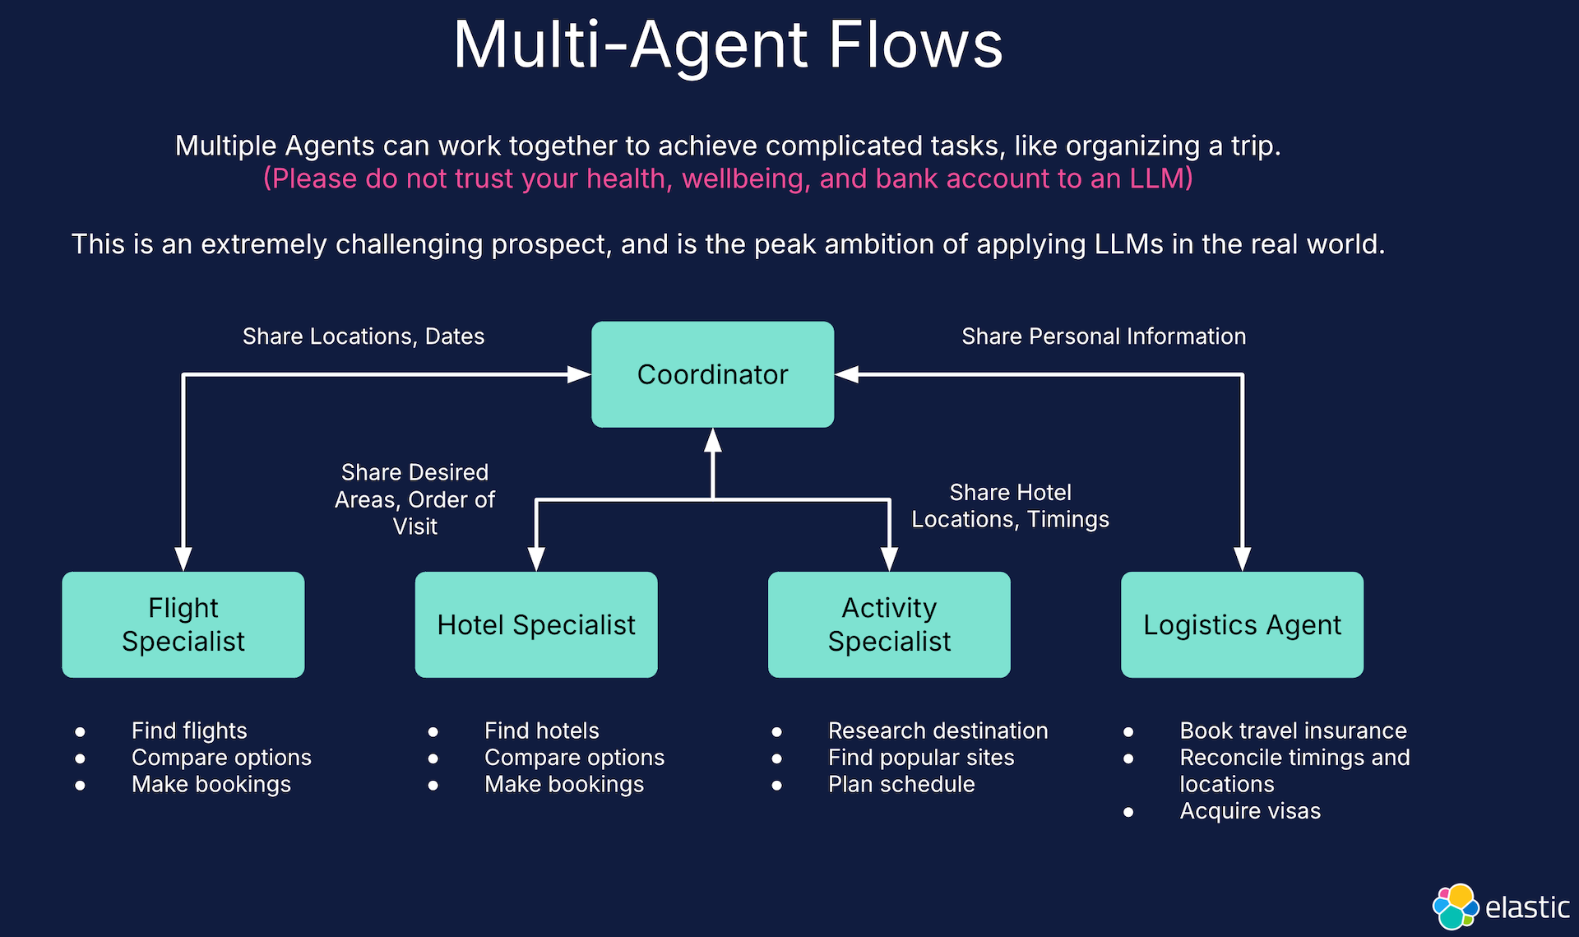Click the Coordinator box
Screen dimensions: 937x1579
712,374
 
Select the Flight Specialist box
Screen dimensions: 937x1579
183,624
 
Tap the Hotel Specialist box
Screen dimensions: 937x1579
535,624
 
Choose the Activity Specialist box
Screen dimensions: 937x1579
888,624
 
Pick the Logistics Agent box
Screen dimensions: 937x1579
1241,624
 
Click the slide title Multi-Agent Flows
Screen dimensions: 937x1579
728,45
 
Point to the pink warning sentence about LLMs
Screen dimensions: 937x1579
728,179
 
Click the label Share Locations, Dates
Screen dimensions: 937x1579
363,336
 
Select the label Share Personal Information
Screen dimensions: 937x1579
1103,336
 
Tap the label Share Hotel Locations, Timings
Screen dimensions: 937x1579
1010,506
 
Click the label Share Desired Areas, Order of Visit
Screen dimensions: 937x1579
414,499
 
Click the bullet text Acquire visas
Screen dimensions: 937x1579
1249,811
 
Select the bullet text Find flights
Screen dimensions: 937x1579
189,731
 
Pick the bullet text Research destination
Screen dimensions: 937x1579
938,731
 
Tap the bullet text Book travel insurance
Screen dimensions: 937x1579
1293,731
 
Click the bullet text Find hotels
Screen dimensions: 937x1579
541,731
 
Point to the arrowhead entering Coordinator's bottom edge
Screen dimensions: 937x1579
713,441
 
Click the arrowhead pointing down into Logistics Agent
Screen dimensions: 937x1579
1242,559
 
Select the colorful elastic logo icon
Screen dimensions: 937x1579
1455,907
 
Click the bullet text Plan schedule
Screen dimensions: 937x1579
901,785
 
